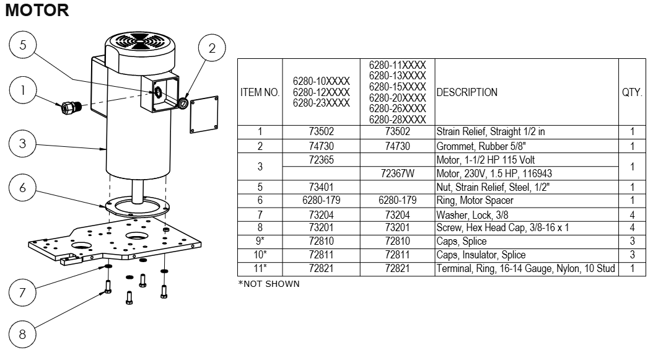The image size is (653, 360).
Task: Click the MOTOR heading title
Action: click(37, 11)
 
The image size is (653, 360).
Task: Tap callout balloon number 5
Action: click(22, 45)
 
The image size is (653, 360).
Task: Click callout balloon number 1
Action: click(22, 90)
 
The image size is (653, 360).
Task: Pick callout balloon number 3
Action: click(22, 144)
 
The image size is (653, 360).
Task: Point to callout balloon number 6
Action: click(22, 188)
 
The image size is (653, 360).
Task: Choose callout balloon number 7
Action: click(22, 292)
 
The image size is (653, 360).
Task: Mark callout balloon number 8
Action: click(22, 335)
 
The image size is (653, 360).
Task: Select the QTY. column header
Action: click(632, 92)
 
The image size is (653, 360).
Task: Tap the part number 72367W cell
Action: click(397, 173)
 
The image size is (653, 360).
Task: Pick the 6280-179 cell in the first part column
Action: click(321, 200)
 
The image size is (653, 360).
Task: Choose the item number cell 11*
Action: click(260, 268)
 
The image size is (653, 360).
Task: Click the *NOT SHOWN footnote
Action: click(269, 284)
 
